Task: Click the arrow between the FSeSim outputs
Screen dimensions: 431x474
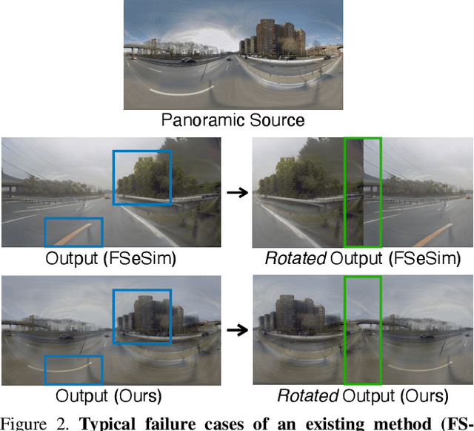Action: [237, 193]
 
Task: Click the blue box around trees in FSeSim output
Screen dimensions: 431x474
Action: [141, 177]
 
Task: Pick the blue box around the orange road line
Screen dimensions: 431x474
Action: [73, 232]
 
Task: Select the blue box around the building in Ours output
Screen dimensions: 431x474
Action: [141, 316]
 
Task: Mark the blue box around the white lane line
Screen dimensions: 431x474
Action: [73, 369]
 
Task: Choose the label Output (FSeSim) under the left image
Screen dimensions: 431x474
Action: [111, 258]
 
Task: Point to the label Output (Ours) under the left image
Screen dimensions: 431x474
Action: [111, 395]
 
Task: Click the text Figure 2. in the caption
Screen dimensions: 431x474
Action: [34, 424]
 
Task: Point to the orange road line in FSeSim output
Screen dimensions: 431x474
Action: [73, 232]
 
